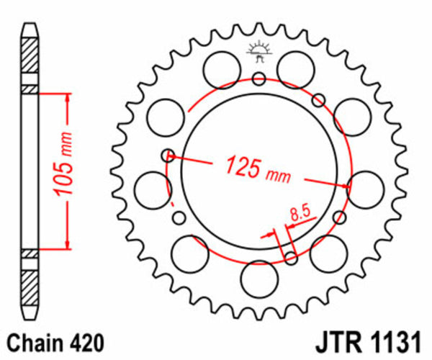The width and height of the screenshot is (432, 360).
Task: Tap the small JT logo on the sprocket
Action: point(258,52)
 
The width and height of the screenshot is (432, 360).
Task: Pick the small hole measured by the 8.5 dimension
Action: point(290,258)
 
